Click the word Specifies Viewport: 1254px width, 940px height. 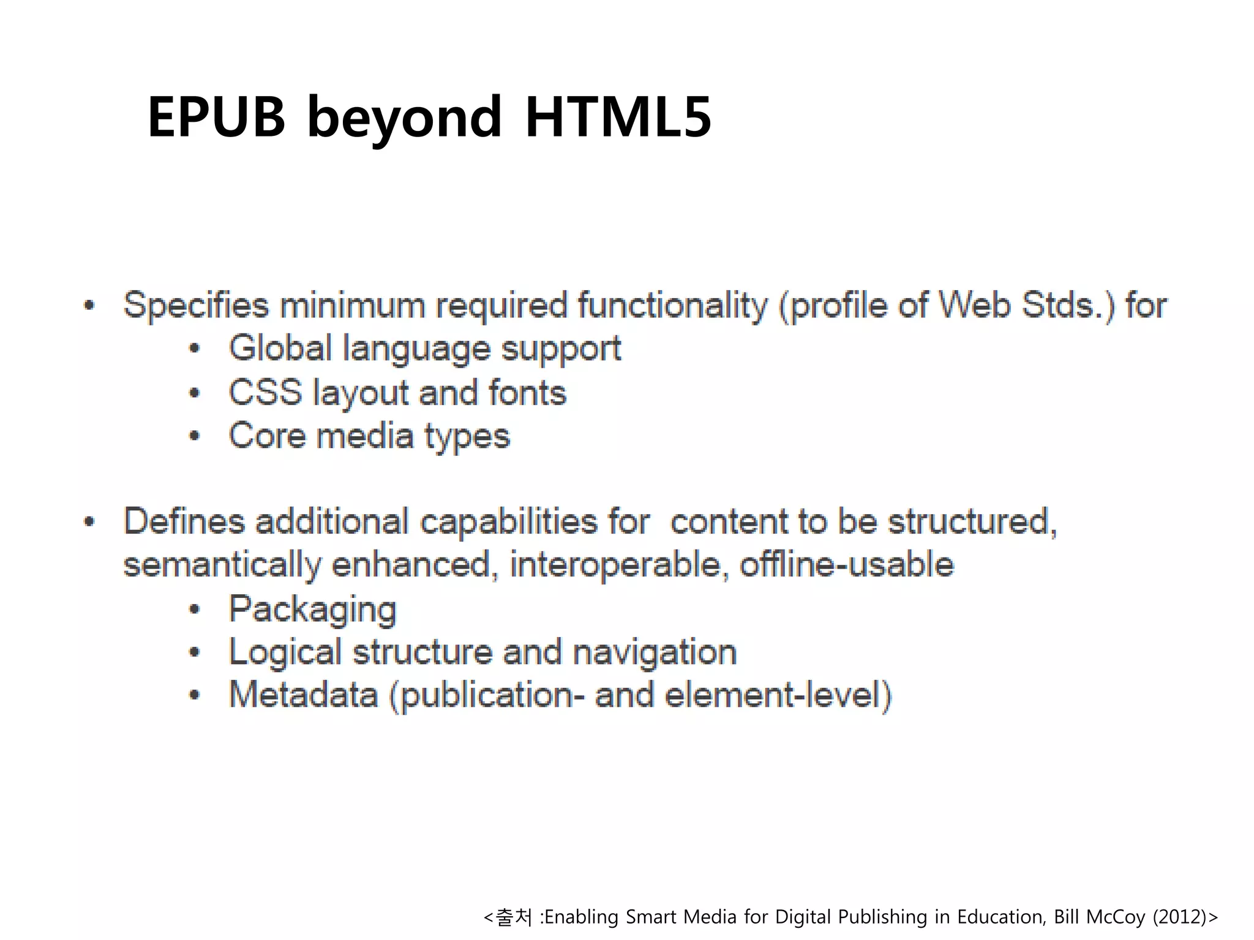(x=196, y=305)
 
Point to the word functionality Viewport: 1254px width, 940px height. (x=672, y=305)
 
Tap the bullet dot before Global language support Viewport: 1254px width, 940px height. (x=195, y=349)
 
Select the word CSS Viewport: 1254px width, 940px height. (x=265, y=392)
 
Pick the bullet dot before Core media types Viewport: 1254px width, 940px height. (x=195, y=436)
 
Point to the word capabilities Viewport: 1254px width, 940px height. (x=508, y=521)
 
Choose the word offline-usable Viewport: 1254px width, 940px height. (x=847, y=564)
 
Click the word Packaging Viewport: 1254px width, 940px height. (x=312, y=610)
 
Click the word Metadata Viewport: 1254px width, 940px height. (x=303, y=695)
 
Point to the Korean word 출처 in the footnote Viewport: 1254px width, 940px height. (x=514, y=917)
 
